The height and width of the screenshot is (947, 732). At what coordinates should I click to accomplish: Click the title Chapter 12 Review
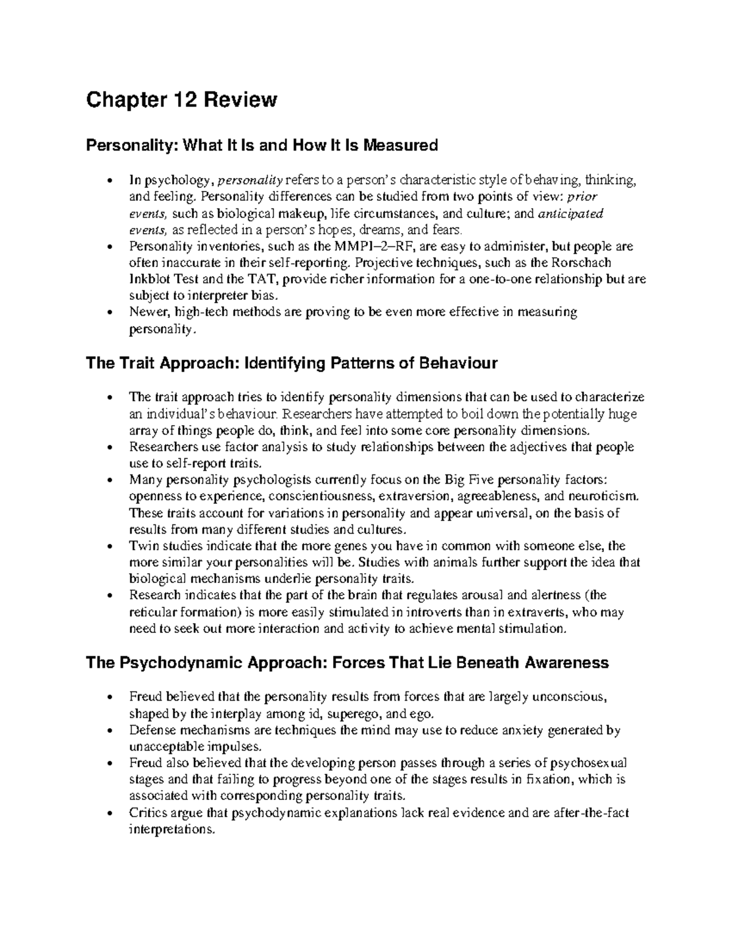[181, 99]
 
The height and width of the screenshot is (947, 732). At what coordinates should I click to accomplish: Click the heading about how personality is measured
[262, 145]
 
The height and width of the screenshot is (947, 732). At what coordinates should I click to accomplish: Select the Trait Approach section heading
[292, 363]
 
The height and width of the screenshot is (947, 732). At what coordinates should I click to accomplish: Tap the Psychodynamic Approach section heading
[347, 662]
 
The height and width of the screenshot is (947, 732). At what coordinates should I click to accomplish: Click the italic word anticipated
[570, 213]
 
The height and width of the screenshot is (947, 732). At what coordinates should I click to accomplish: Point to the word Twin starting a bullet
[142, 546]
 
